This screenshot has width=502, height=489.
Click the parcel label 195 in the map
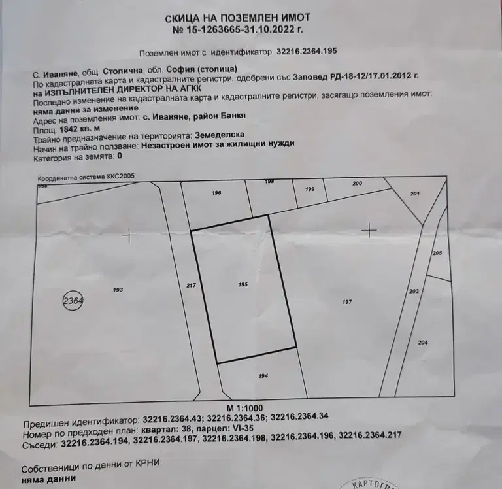pyautogui.click(x=243, y=284)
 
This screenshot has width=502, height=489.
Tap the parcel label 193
pyautogui.click(x=118, y=290)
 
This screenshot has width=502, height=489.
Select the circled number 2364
pyautogui.click(x=73, y=301)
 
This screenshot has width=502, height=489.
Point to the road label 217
pyautogui.click(x=191, y=285)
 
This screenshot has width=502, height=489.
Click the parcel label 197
pyautogui.click(x=347, y=301)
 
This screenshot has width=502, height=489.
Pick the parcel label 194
pyautogui.click(x=263, y=376)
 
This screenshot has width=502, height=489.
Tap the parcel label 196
pyautogui.click(x=216, y=192)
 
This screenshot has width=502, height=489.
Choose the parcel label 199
pyautogui.click(x=310, y=189)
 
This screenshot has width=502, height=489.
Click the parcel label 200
pyautogui.click(x=357, y=183)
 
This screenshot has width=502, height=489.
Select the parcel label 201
pyautogui.click(x=415, y=194)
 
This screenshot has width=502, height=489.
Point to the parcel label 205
pyautogui.click(x=437, y=253)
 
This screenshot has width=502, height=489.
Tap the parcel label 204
pyautogui.click(x=423, y=343)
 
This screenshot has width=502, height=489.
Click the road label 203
pyautogui.click(x=414, y=291)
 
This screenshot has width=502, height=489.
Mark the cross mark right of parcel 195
pyautogui.click(x=369, y=230)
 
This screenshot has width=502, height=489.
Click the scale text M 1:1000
pyautogui.click(x=245, y=408)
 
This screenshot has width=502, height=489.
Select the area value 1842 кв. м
pyautogui.click(x=80, y=129)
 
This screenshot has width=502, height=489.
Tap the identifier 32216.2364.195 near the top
pyautogui.click(x=307, y=51)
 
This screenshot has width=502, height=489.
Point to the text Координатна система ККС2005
pyautogui.click(x=86, y=177)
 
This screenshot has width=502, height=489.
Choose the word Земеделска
pyautogui.click(x=220, y=135)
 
